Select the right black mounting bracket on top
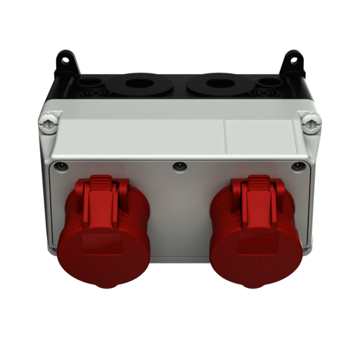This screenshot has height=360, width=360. click(x=294, y=60)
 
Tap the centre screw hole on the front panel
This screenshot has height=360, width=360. click(x=179, y=167)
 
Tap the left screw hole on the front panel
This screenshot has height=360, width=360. click(x=62, y=166)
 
